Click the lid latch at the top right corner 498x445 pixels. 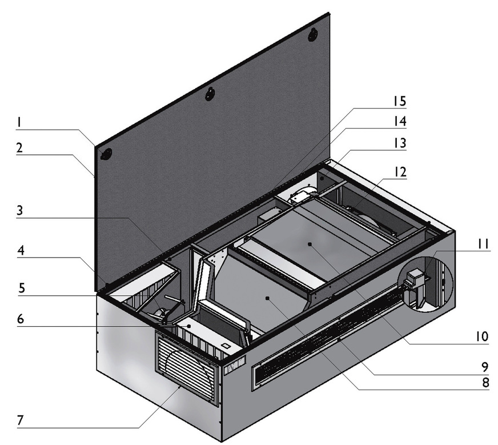(x=312, y=35)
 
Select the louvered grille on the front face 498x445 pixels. (x=187, y=369)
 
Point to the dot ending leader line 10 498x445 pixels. (x=309, y=243)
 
